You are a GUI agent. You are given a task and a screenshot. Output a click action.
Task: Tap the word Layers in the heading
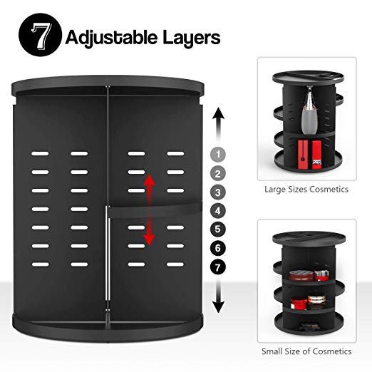pyautogui.click(x=190, y=37)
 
